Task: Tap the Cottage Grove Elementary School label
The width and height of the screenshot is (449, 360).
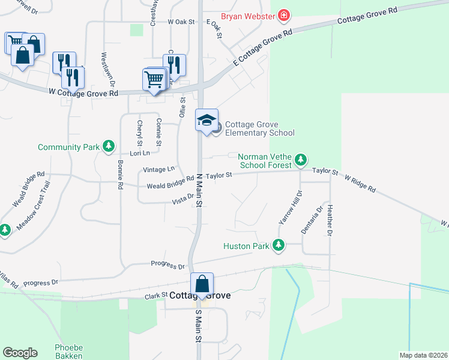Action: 259,128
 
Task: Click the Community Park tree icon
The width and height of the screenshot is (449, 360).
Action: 109,146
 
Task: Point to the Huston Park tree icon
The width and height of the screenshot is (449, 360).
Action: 278,245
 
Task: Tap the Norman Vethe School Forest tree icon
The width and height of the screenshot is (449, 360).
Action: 301,160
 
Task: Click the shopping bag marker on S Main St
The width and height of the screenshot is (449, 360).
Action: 202,284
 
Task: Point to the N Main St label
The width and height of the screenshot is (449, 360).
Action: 199,191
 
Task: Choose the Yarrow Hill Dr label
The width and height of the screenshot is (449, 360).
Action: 290,208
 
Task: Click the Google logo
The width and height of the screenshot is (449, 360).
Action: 20,353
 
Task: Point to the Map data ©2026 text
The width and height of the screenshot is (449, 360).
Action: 423,355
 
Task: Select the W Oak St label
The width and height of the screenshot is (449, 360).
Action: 182,22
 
